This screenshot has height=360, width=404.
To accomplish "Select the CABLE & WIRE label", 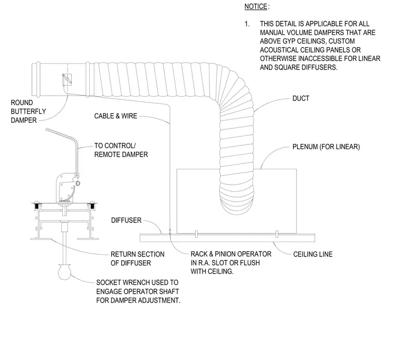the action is (x=115, y=116).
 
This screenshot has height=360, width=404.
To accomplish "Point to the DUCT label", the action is (x=301, y=98).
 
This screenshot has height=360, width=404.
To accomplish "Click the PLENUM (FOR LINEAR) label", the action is (x=326, y=147).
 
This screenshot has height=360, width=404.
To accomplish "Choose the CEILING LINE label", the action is (x=313, y=254).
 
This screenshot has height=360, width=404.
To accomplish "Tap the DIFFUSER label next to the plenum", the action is (x=127, y=220).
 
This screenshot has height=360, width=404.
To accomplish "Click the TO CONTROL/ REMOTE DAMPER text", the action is (x=121, y=150).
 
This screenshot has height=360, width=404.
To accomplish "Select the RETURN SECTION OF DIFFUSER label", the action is (x=137, y=259).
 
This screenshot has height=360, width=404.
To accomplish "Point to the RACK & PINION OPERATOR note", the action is (x=231, y=263).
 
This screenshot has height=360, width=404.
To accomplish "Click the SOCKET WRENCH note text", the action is (x=138, y=292).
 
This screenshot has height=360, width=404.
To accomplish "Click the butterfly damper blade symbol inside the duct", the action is (x=67, y=80).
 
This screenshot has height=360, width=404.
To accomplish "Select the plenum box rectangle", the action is (x=237, y=169).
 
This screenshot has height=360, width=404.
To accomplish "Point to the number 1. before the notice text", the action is (x=247, y=24).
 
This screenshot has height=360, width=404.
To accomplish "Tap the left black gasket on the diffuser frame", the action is (x=38, y=206).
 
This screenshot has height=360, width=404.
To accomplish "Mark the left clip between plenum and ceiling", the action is (x=196, y=234).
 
